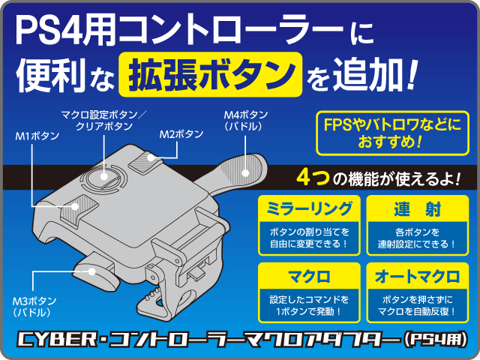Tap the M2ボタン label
click(181, 134)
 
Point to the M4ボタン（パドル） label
click(245, 121)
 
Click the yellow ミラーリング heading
click(308, 207)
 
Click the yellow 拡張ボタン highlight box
click(210, 74)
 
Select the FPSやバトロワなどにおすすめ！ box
click(392, 130)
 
